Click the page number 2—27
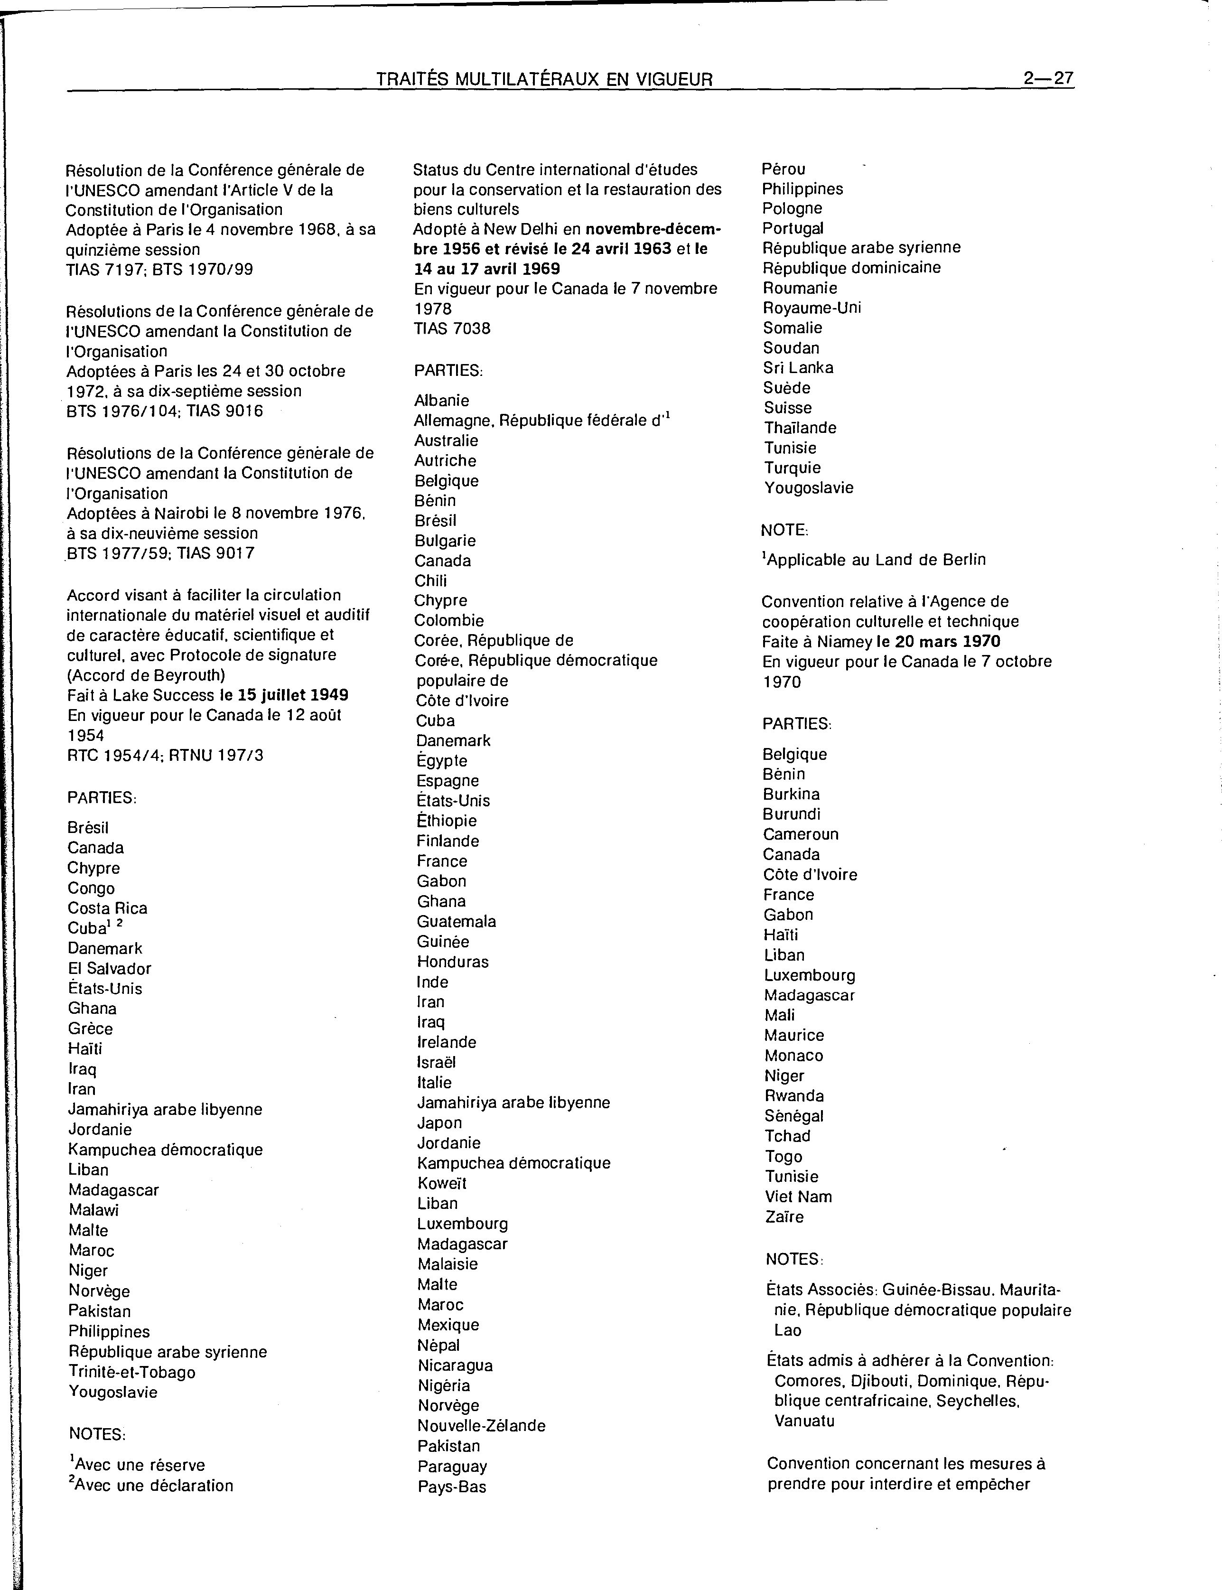coord(1048,79)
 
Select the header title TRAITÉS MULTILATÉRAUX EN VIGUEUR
coord(544,79)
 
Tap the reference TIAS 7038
coord(452,329)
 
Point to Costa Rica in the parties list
coord(108,908)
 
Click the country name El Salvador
coord(110,968)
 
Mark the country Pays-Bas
coord(452,1487)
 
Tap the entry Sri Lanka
coord(798,367)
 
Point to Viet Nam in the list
coord(798,1197)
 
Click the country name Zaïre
coord(784,1217)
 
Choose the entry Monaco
coord(793,1056)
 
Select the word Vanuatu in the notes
coord(804,1421)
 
